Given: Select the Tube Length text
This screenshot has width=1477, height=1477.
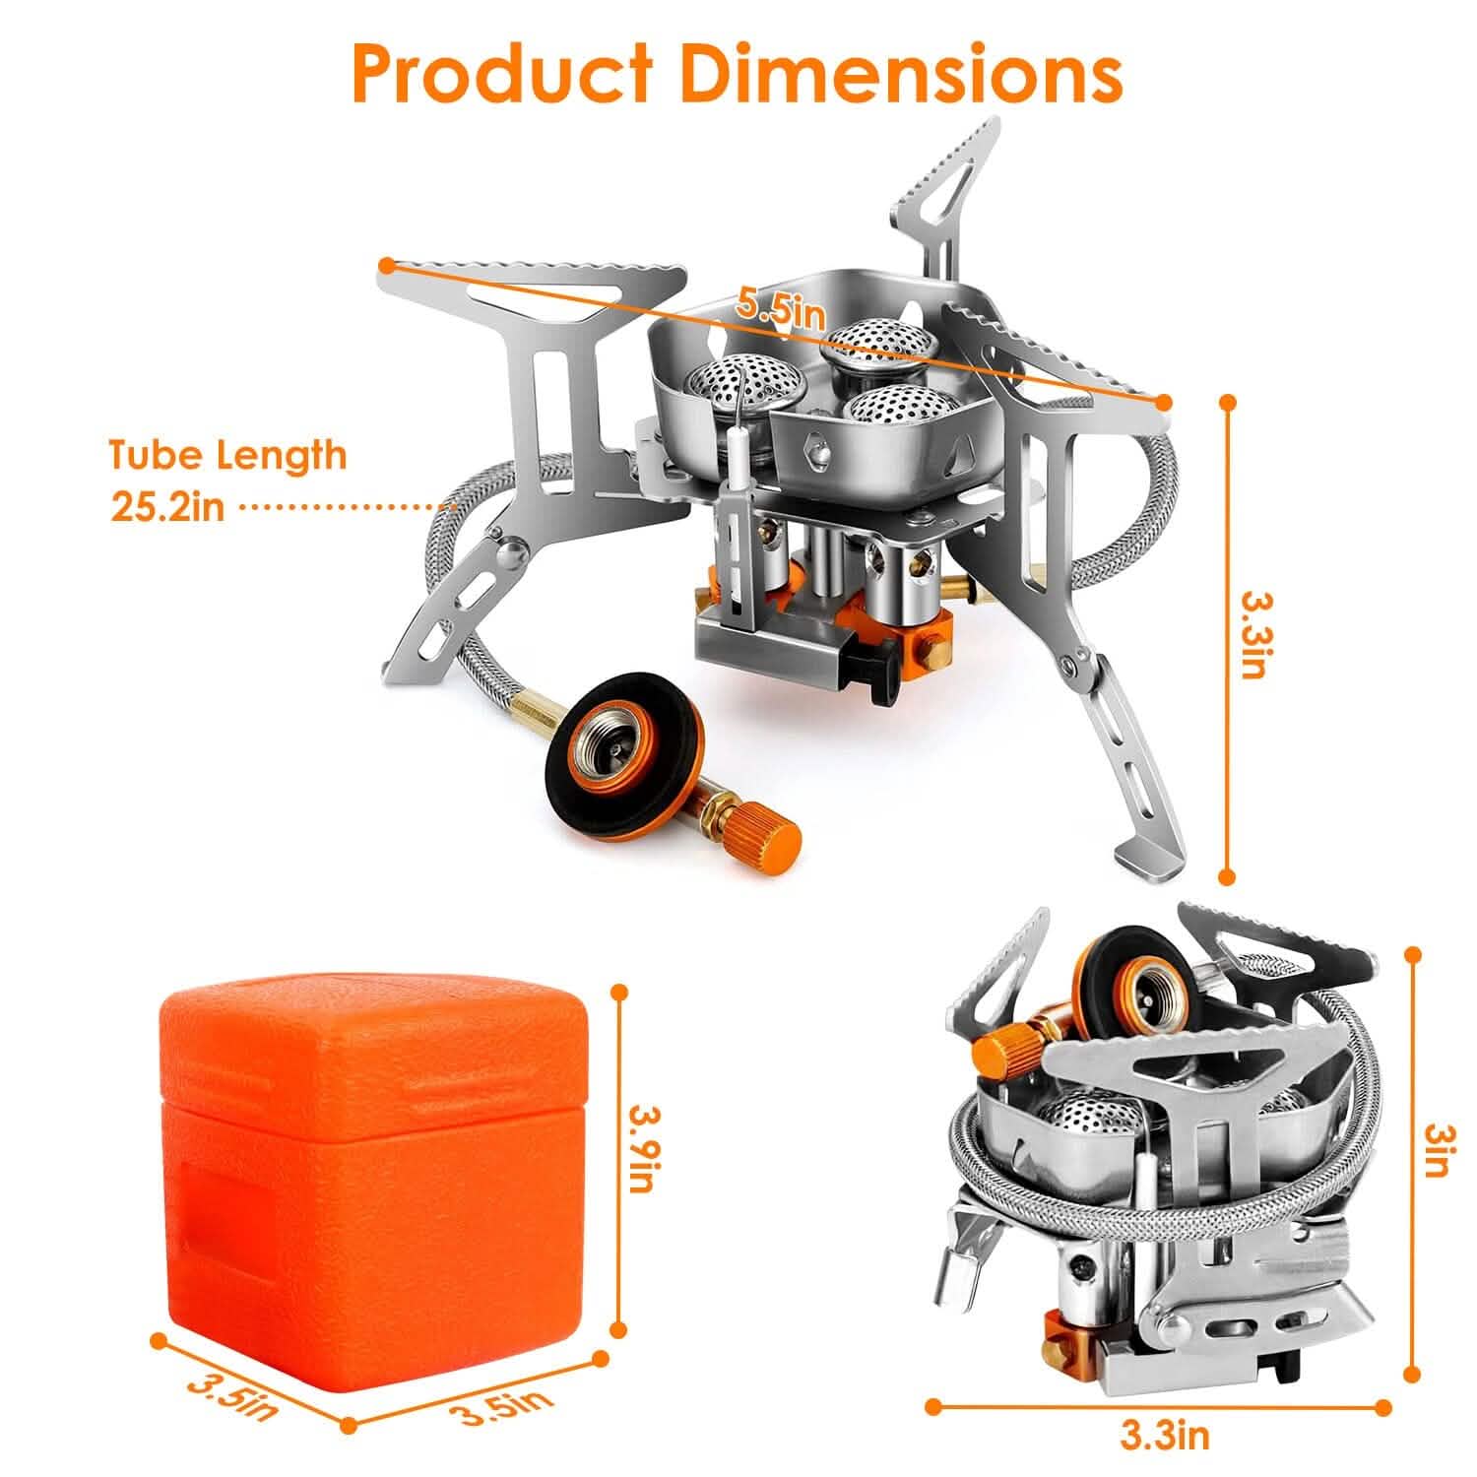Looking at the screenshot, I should pyautogui.click(x=227, y=456).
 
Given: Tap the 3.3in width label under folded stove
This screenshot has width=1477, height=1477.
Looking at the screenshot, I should pyautogui.click(x=1164, y=1436).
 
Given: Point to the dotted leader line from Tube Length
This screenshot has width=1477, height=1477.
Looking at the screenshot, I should pyautogui.click(x=345, y=508).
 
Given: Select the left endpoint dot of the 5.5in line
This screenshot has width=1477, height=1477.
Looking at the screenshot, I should pyautogui.click(x=387, y=264).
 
